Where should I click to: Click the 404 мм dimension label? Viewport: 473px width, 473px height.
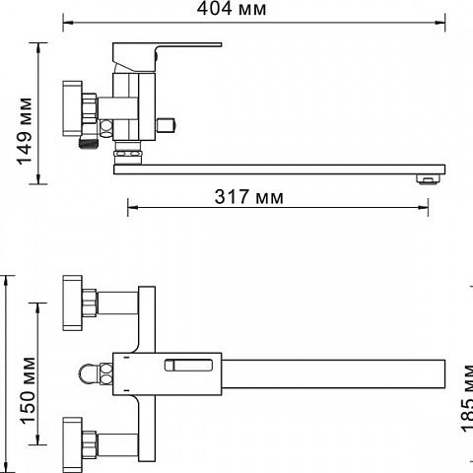232,9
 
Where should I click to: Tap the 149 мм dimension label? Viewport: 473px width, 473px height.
25,131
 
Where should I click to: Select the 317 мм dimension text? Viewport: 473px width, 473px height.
248,197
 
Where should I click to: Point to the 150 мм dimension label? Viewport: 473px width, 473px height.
28,390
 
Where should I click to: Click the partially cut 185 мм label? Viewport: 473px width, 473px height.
467,397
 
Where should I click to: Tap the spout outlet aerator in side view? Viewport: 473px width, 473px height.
428,179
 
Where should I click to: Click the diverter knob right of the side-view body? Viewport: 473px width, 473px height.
167,125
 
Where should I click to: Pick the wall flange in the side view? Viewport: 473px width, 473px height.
72,108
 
